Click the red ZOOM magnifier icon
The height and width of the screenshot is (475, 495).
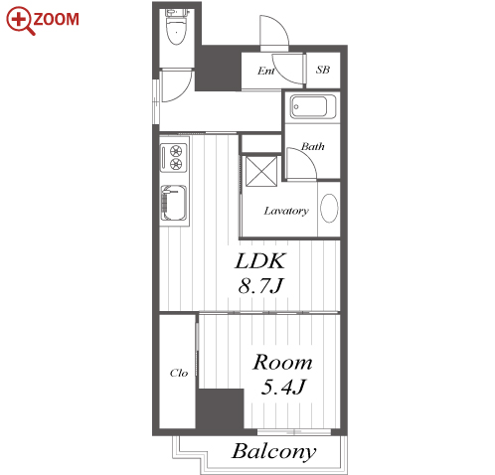(x=20, y=21)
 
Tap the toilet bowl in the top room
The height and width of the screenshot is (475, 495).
(x=176, y=32)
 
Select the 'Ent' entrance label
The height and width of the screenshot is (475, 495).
(x=266, y=71)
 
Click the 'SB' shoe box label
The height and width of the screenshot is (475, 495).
(x=323, y=70)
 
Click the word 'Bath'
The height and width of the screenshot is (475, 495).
(x=312, y=146)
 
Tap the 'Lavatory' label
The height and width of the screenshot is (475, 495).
(x=286, y=211)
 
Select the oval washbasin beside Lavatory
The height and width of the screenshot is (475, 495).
(x=329, y=208)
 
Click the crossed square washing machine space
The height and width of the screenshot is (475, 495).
(x=261, y=171)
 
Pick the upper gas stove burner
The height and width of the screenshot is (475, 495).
(x=176, y=151)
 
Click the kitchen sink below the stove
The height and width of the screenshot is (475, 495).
(x=174, y=203)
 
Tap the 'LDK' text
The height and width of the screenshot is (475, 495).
(x=260, y=261)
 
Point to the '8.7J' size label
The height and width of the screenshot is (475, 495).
(x=260, y=285)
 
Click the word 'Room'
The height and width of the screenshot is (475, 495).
(x=282, y=363)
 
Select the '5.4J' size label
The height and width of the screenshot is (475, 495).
(x=283, y=387)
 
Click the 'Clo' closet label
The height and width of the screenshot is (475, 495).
(x=179, y=373)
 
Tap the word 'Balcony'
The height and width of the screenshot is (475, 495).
(x=274, y=452)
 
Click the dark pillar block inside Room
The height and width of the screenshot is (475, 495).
(x=221, y=410)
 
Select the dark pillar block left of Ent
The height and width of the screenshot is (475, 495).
(x=218, y=68)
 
